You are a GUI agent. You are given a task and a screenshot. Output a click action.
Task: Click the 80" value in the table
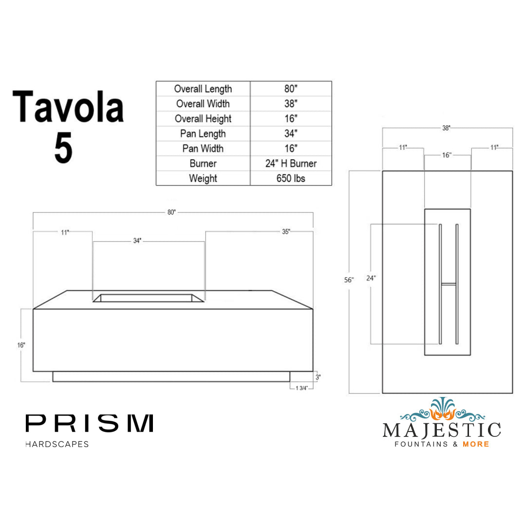click(x=291, y=89)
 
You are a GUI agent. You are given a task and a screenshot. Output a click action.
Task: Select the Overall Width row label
click(x=203, y=104)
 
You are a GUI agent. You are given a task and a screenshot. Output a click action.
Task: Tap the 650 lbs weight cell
click(x=291, y=178)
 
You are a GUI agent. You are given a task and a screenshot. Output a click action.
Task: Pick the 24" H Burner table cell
click(x=291, y=164)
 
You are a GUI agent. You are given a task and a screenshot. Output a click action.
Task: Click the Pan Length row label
click(x=203, y=134)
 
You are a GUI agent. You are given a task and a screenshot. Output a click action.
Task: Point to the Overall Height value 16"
click(x=291, y=119)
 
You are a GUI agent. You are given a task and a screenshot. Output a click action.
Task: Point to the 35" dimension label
click(x=286, y=232)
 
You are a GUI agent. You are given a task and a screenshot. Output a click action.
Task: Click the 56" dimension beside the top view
click(x=349, y=280)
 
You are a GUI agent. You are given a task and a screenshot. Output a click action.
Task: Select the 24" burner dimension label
click(x=371, y=279)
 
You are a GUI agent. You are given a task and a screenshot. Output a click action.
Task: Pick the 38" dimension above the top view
click(x=446, y=128)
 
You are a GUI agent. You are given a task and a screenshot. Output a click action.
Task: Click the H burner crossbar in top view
click(x=449, y=282)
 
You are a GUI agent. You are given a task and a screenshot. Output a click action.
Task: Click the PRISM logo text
click(x=90, y=424)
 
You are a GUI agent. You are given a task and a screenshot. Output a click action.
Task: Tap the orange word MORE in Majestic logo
click(x=476, y=444)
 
